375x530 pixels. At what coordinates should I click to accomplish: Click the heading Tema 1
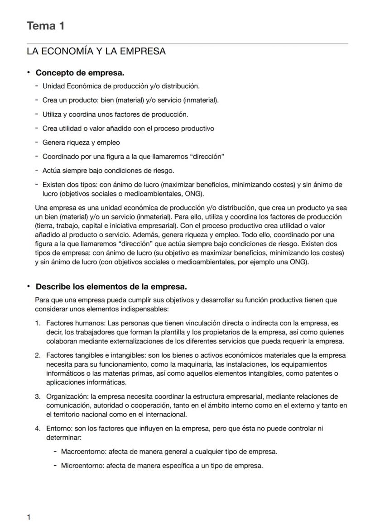point(45,26)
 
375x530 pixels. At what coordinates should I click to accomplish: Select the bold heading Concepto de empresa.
point(80,73)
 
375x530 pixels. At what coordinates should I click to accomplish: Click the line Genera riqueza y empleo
point(81,143)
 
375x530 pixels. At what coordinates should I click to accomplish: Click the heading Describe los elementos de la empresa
point(111,287)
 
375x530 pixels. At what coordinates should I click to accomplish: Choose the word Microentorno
point(81,465)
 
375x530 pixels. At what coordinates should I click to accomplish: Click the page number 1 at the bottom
point(29,517)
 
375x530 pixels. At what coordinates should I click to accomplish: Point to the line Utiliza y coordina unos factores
point(115,114)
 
